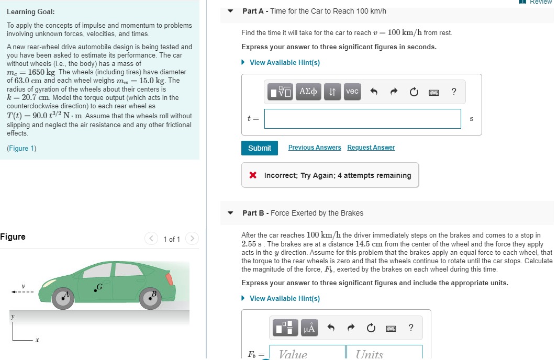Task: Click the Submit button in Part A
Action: (259, 148)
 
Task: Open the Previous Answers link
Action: (315, 148)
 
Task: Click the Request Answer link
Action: (371, 148)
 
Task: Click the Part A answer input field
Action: (362, 119)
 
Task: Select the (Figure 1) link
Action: (21, 148)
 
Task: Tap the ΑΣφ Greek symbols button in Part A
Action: (308, 92)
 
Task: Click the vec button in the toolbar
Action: (352, 92)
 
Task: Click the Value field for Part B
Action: (308, 353)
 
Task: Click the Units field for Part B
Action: (384, 353)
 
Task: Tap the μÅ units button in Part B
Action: (309, 328)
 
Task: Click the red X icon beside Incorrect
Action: (253, 175)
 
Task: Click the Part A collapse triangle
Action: (231, 11)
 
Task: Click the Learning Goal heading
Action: (30, 12)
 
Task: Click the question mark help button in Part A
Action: (453, 92)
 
